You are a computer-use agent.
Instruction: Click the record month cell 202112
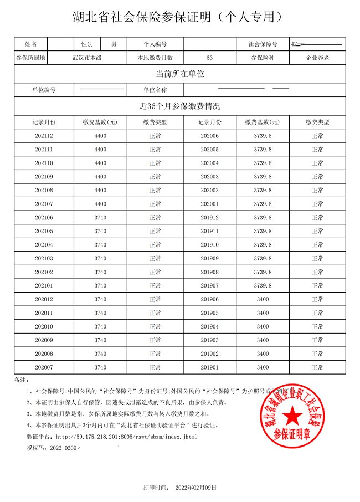(x=44, y=136)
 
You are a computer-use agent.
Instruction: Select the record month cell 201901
(x=210, y=367)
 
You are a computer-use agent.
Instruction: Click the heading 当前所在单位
(x=180, y=74)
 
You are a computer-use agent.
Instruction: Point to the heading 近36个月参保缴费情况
(x=180, y=106)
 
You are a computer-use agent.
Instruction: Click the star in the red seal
(x=294, y=417)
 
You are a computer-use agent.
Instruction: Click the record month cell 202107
(x=44, y=204)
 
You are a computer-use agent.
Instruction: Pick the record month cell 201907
(x=210, y=285)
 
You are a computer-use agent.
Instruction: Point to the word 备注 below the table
(x=20, y=380)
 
